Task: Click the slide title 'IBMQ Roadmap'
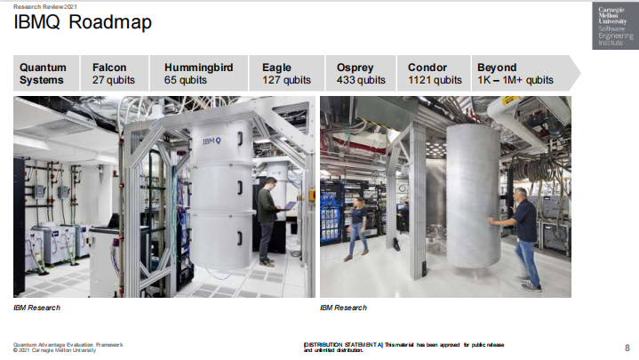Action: tap(83, 22)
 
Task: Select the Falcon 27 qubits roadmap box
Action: tap(115, 74)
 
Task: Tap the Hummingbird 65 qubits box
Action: tap(199, 74)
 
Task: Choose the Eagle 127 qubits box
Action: tap(287, 74)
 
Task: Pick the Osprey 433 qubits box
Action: tap(361, 74)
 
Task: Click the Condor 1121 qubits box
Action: tap(434, 74)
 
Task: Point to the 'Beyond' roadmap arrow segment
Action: tap(526, 74)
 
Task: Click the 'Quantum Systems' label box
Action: tap(46, 74)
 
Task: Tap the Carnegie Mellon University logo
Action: tap(615, 26)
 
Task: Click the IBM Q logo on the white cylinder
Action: tap(212, 141)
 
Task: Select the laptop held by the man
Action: tap(290, 205)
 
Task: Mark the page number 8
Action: tap(627, 348)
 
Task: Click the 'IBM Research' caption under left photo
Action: tap(36, 308)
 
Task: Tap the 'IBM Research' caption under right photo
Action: tap(344, 308)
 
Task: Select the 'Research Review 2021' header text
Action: tap(45, 6)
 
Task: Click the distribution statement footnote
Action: tap(403, 348)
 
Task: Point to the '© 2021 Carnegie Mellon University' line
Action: tap(54, 350)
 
